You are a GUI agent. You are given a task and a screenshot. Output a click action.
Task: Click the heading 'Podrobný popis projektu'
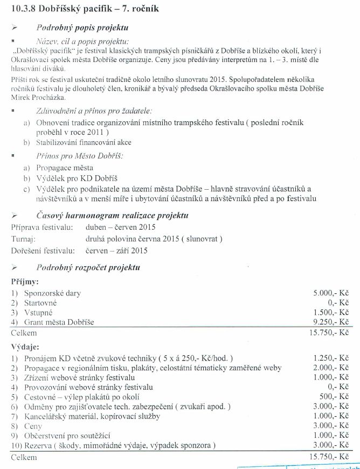click(82, 27)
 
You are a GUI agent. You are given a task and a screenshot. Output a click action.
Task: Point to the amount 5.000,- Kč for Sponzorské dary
click(331, 293)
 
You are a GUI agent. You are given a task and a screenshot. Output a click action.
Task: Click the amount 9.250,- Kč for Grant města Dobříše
click(331, 322)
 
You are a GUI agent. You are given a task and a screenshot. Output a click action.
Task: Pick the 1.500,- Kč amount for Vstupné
click(331, 313)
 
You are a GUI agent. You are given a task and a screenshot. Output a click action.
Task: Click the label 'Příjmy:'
click(25, 281)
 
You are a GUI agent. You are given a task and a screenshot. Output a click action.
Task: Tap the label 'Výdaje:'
click(25, 348)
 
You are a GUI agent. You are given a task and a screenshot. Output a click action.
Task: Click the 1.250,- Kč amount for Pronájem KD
click(331, 358)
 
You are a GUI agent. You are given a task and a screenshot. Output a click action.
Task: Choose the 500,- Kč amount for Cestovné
click(334, 397)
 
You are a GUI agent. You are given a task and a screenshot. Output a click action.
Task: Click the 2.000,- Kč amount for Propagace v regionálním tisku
click(331, 368)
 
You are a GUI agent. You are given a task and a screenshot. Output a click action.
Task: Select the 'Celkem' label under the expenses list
click(24, 457)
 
